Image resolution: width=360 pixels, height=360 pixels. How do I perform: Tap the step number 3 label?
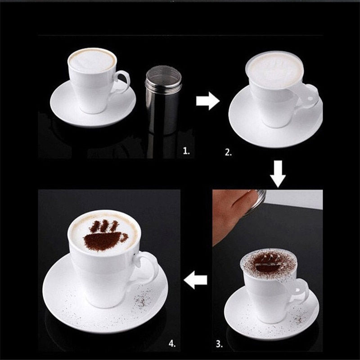(219, 344)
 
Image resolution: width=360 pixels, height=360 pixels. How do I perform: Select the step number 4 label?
(171, 344)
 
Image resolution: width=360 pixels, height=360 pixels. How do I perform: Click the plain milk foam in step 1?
(92, 60)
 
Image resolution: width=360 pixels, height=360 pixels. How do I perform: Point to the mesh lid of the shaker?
(163, 72)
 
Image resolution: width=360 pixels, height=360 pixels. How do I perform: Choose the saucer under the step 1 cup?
(67, 106)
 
